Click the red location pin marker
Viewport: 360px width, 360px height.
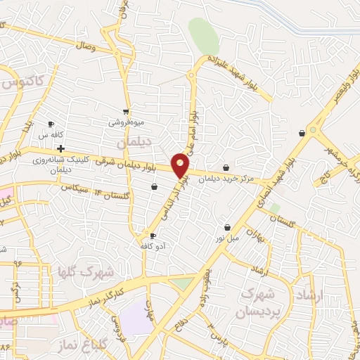point(181,166)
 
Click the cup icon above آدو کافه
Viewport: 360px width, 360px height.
point(153,236)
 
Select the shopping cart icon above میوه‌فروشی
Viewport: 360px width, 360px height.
point(126,111)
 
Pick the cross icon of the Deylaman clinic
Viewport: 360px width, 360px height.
point(61,148)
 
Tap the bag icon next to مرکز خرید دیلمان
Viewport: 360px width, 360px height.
point(226,167)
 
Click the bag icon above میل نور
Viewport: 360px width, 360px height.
point(228,227)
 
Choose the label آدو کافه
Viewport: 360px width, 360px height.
point(153,247)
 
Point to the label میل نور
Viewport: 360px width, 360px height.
point(228,238)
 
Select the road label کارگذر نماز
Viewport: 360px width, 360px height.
point(107,294)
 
